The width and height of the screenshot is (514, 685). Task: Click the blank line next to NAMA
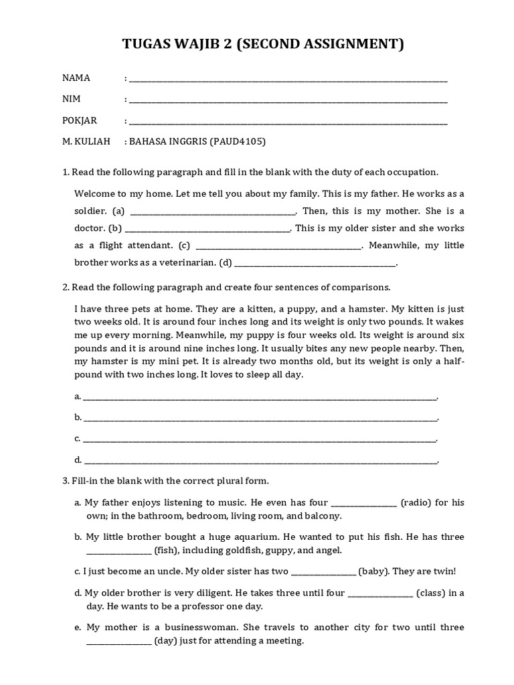[288, 79]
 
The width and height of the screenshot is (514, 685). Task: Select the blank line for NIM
[288, 100]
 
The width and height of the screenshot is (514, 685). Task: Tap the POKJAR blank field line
[288, 122]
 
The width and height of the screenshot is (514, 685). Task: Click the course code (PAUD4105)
[238, 142]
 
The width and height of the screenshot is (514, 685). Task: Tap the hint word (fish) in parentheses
[165, 551]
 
